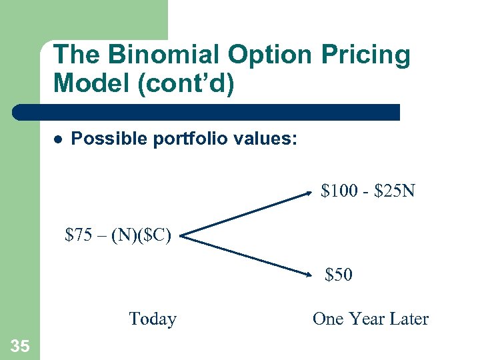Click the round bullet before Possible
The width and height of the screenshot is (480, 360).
tap(58, 140)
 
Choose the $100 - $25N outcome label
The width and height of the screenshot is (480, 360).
tap(368, 192)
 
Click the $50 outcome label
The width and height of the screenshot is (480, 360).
tap(339, 275)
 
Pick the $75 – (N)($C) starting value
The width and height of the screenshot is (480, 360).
tap(118, 235)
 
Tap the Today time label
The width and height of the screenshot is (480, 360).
tap(152, 319)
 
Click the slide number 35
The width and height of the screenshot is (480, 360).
tap(19, 345)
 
